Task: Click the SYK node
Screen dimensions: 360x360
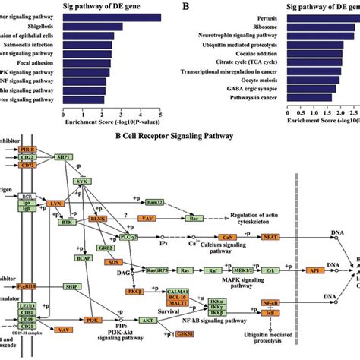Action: [x=82, y=182]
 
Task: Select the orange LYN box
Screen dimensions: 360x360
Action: [x=55, y=205]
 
